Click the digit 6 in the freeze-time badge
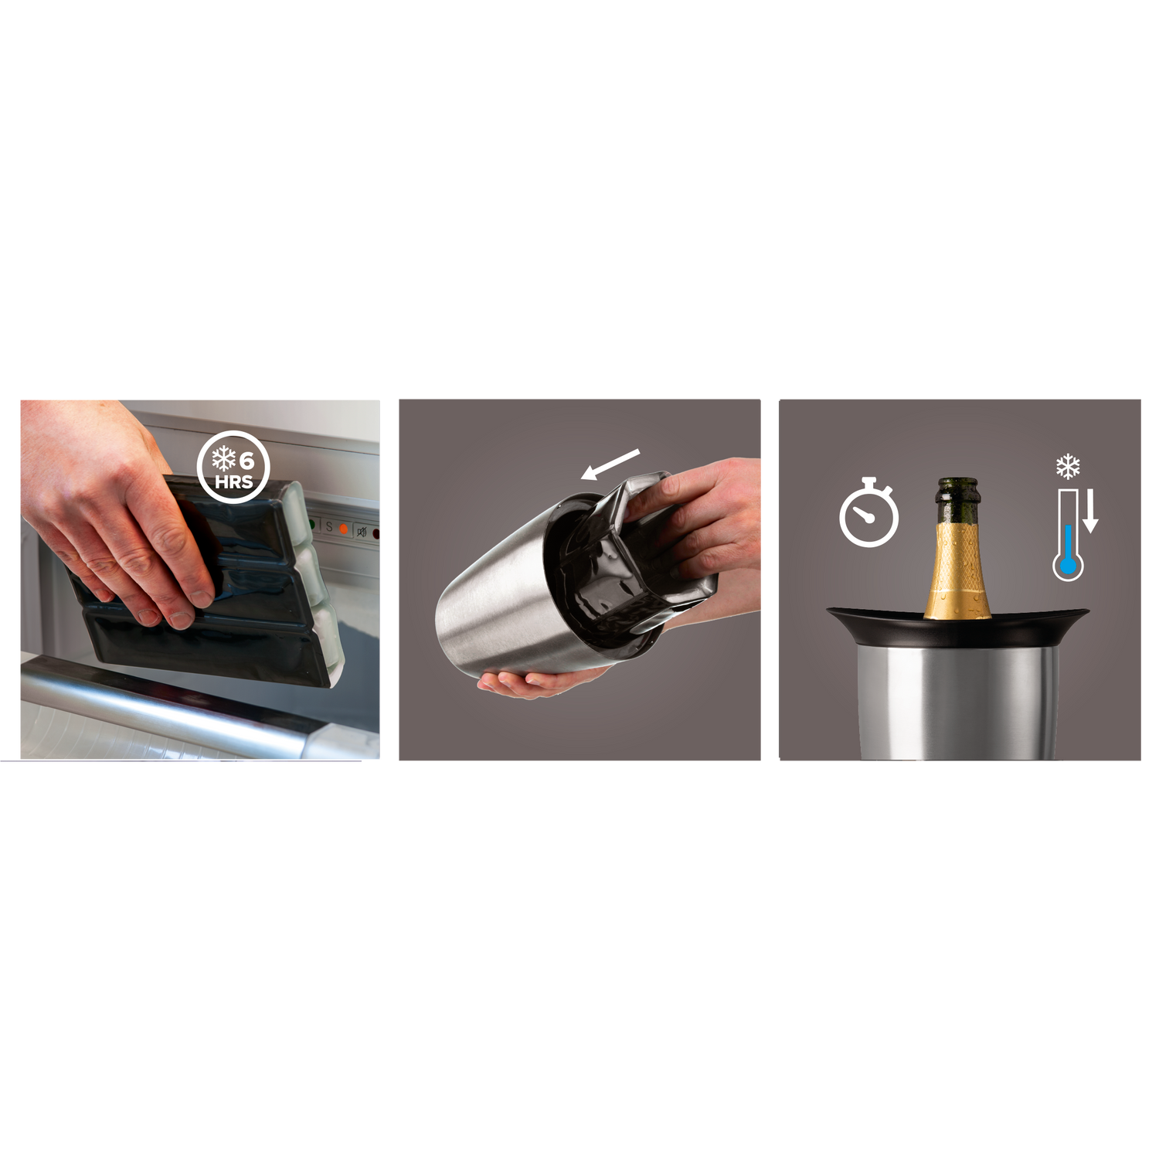246,461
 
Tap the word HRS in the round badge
234,482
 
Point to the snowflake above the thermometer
1068,467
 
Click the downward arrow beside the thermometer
1090,513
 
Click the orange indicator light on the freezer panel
344,529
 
